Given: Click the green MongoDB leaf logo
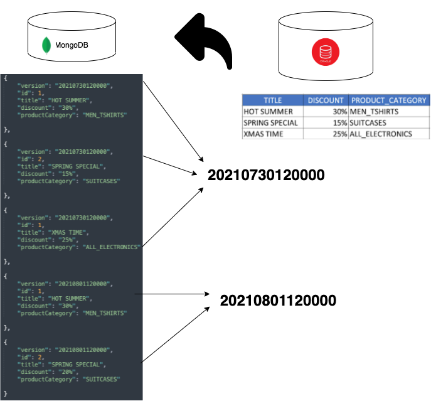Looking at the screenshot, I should point(46,46).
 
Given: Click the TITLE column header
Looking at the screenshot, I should point(272,100).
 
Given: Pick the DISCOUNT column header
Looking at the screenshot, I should point(326,100).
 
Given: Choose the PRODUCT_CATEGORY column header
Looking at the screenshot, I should point(389,100).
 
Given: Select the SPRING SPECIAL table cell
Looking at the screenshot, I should point(270,122).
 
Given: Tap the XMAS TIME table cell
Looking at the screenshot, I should point(263,134).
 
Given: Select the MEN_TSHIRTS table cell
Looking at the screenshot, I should point(375,111).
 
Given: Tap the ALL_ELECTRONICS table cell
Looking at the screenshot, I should point(382,134).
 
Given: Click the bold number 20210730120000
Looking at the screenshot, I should point(267,176).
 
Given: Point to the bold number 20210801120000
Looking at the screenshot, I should point(278,301).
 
